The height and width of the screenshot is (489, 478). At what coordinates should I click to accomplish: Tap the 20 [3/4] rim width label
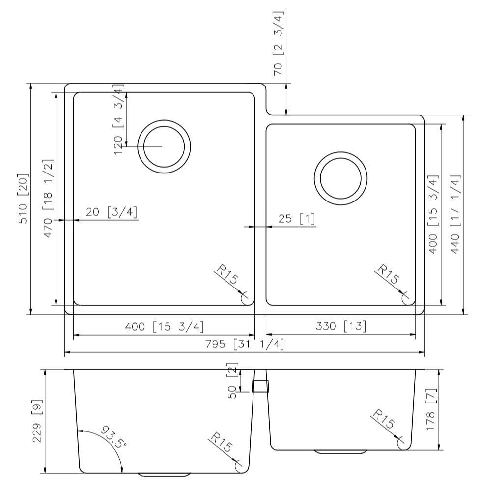click(x=112, y=212)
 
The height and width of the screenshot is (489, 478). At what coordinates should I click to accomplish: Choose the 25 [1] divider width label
click(x=296, y=219)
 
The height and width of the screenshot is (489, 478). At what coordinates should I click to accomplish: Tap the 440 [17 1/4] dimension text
click(x=455, y=214)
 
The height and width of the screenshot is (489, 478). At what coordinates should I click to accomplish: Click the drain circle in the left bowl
click(x=164, y=146)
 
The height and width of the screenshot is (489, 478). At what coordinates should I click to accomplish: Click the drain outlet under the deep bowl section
click(x=164, y=475)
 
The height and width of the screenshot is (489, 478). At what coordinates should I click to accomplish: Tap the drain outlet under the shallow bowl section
click(x=340, y=451)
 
